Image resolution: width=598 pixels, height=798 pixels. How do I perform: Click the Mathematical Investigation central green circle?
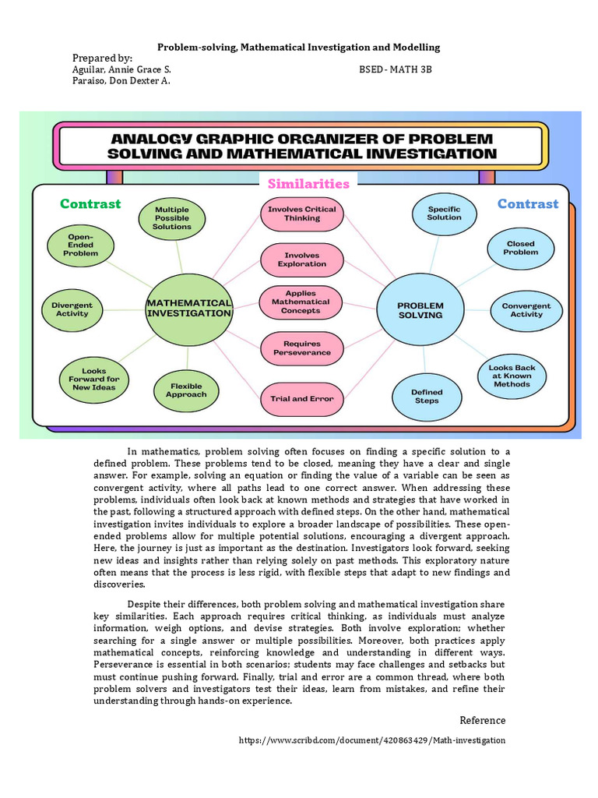189,308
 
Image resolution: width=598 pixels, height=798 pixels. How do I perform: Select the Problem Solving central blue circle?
420,310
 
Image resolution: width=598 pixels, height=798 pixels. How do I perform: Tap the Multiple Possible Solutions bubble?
172,218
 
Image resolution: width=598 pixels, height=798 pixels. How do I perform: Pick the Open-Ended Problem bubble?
81,245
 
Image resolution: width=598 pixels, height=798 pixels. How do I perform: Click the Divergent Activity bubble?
72,309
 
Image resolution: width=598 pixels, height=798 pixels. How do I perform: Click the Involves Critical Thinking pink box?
302,214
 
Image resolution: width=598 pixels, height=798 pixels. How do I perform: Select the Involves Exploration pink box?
302,260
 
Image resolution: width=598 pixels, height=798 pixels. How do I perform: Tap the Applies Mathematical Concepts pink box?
301,302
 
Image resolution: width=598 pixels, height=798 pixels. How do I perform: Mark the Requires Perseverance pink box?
301,348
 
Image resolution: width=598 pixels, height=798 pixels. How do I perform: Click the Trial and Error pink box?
301,398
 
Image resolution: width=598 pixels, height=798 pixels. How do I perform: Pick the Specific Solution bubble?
444,214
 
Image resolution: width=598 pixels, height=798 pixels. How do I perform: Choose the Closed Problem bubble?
520,248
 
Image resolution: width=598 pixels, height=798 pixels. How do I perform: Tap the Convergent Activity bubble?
526,310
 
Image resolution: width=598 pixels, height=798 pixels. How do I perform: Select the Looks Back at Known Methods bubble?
512,376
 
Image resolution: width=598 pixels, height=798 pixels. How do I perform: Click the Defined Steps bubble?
427,397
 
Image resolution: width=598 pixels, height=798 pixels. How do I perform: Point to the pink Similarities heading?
308,184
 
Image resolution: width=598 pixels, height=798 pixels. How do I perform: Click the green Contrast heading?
90,204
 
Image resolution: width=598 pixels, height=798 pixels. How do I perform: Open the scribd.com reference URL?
371,740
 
